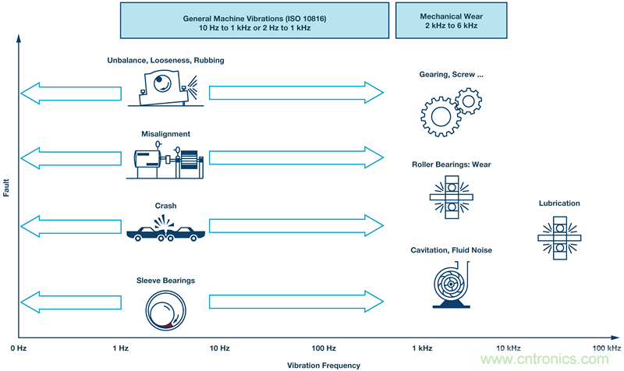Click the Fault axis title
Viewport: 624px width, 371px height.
6,187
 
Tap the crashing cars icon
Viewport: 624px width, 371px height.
165,230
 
